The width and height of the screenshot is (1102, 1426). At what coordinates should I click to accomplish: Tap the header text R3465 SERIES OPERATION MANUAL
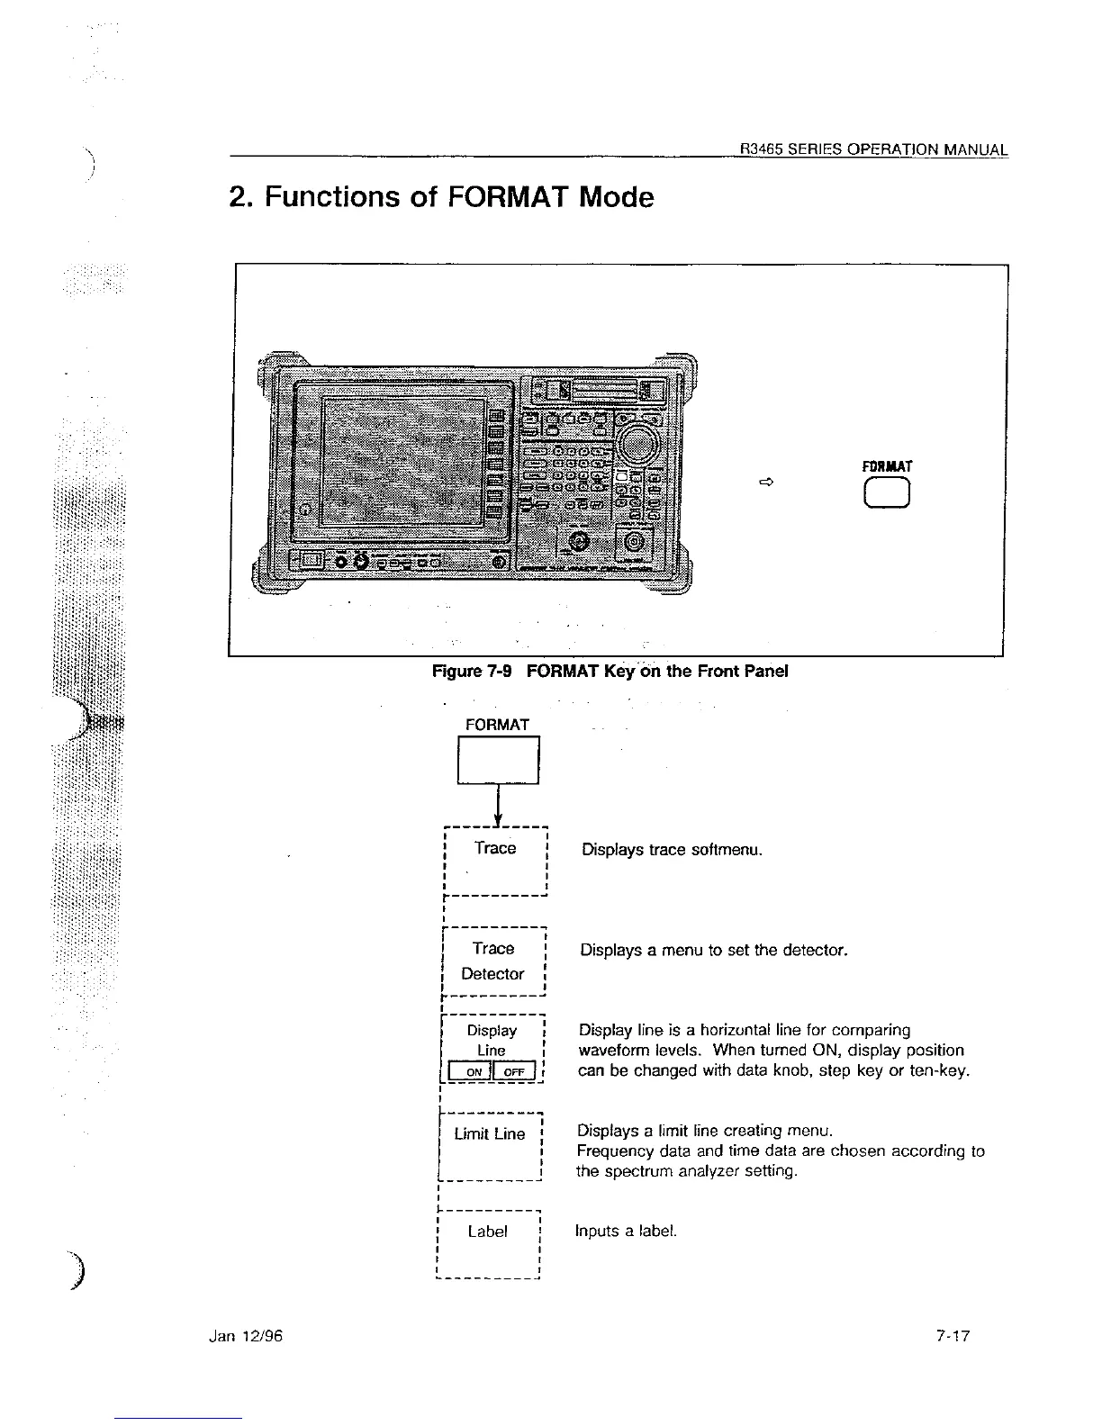(x=873, y=149)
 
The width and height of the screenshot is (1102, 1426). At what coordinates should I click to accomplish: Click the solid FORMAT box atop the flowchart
(x=498, y=761)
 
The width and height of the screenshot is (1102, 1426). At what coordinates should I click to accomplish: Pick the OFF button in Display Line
(x=514, y=1071)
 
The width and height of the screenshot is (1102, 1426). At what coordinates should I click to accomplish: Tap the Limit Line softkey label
(x=490, y=1134)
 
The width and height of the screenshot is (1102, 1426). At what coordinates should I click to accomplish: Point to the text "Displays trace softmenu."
(x=672, y=850)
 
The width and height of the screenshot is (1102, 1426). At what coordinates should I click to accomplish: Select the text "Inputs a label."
(x=626, y=1232)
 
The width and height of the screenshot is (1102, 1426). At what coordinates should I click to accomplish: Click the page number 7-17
(x=952, y=1337)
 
